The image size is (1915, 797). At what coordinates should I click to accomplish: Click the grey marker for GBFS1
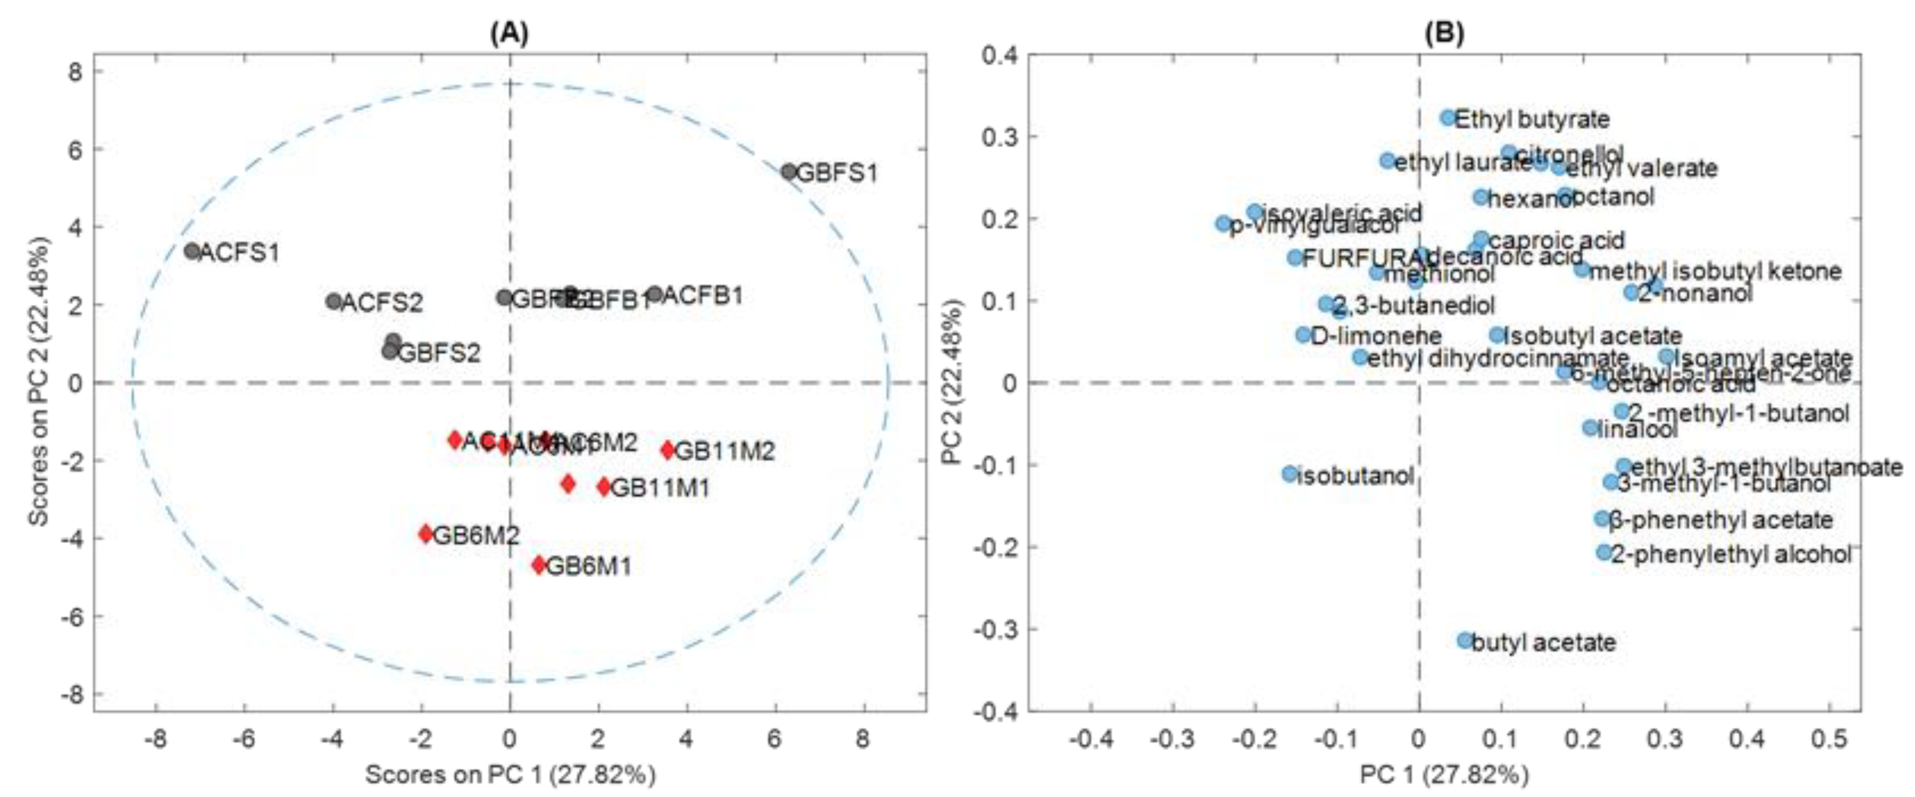(x=789, y=172)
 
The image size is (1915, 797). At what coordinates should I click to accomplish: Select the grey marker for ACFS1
(x=193, y=251)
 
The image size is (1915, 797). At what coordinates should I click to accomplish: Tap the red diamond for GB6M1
(x=539, y=565)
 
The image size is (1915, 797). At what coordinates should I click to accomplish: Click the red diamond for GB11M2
(x=667, y=450)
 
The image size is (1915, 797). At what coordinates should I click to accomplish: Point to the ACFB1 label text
(x=702, y=296)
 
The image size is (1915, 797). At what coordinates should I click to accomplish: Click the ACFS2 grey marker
(x=334, y=301)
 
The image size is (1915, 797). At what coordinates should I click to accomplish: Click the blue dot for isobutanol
(x=1290, y=474)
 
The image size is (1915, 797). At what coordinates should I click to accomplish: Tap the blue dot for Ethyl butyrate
(x=1448, y=117)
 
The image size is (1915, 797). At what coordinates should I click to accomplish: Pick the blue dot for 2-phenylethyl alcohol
(x=1604, y=552)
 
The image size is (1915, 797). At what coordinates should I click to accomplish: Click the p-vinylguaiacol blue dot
(x=1224, y=223)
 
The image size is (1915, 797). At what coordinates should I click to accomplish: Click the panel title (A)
(x=509, y=34)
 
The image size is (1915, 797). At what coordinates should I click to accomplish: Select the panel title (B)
(x=1444, y=34)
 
